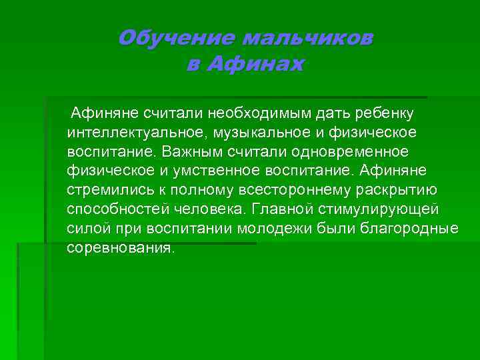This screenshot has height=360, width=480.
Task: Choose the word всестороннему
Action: [x=273, y=190]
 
